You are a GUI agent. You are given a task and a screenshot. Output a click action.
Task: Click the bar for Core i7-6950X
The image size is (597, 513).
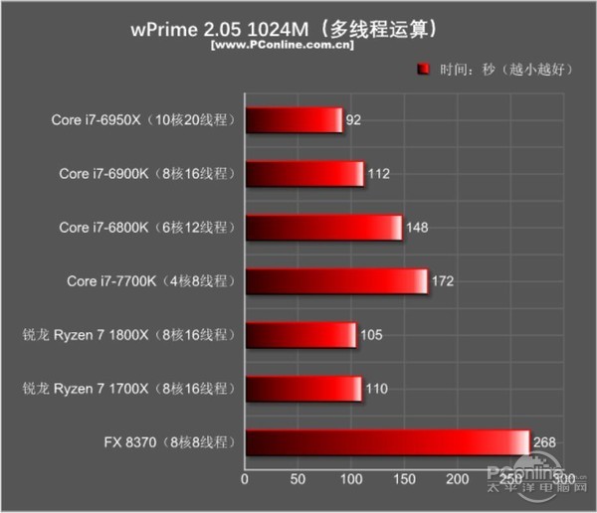pyautogui.click(x=294, y=121)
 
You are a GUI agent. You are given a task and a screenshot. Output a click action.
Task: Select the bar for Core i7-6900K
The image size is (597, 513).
pyautogui.click(x=304, y=175)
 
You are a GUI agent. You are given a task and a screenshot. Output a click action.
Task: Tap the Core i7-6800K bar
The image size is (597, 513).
pyautogui.click(x=323, y=228)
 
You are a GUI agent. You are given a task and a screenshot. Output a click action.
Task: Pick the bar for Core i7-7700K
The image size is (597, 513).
pyautogui.click(x=336, y=281)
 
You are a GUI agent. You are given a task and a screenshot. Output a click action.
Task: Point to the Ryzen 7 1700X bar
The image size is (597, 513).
pyautogui.click(x=303, y=389)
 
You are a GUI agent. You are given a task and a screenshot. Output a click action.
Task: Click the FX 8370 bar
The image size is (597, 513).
pyautogui.click(x=387, y=442)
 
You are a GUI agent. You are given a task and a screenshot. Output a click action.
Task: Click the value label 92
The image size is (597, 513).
pyautogui.click(x=354, y=121)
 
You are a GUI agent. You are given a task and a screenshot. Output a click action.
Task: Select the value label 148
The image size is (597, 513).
pyautogui.click(x=417, y=229)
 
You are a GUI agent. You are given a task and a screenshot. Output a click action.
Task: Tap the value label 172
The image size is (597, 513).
pyautogui.click(x=443, y=282)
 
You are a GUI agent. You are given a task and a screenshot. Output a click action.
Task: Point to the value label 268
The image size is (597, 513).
pyautogui.click(x=544, y=442)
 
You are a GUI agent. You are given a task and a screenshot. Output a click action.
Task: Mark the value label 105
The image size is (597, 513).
pyautogui.click(x=371, y=336)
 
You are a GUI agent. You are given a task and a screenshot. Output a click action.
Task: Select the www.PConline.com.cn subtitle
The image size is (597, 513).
pyautogui.click(x=282, y=46)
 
